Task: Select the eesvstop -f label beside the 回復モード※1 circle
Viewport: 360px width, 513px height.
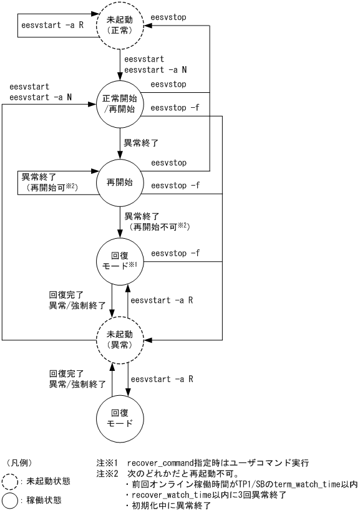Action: (175, 253)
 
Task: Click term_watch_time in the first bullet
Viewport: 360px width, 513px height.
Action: (310, 484)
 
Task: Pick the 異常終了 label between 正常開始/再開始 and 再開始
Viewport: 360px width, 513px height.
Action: (141, 143)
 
